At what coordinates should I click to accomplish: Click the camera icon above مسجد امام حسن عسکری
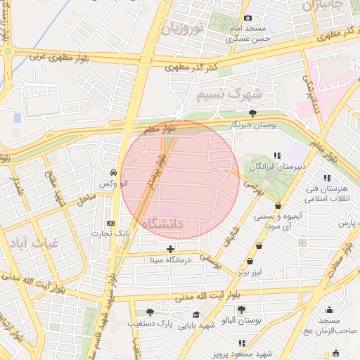247,18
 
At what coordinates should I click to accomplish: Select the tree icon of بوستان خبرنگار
252,113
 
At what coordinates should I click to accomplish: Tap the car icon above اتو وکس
113,172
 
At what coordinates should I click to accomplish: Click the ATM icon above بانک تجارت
111,222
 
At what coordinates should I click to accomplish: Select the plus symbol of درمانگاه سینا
170,249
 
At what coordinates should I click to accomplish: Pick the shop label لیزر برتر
255,271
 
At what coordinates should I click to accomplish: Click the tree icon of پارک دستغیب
149,312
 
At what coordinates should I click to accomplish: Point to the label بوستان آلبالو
240,320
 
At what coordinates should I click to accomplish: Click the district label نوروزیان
184,28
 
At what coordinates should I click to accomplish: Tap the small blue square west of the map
18,117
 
